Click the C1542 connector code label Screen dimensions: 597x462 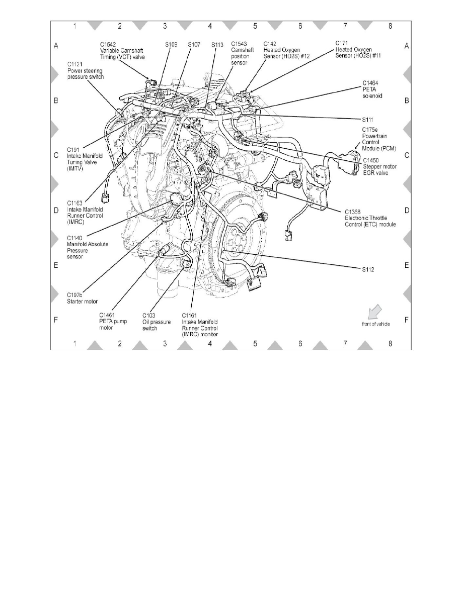[108, 44]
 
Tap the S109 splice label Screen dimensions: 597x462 [171, 44]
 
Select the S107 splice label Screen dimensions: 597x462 [194, 44]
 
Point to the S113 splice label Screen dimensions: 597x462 [217, 44]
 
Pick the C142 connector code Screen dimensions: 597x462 [270, 44]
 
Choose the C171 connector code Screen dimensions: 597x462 [343, 44]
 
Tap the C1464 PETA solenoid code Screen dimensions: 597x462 [371, 82]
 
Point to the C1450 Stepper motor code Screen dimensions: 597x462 [373, 160]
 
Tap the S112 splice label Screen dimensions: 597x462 [368, 269]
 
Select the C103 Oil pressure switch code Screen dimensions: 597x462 [150, 316]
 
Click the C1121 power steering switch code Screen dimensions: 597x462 [76, 64]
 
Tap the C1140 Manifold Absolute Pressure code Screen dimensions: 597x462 [76, 238]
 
